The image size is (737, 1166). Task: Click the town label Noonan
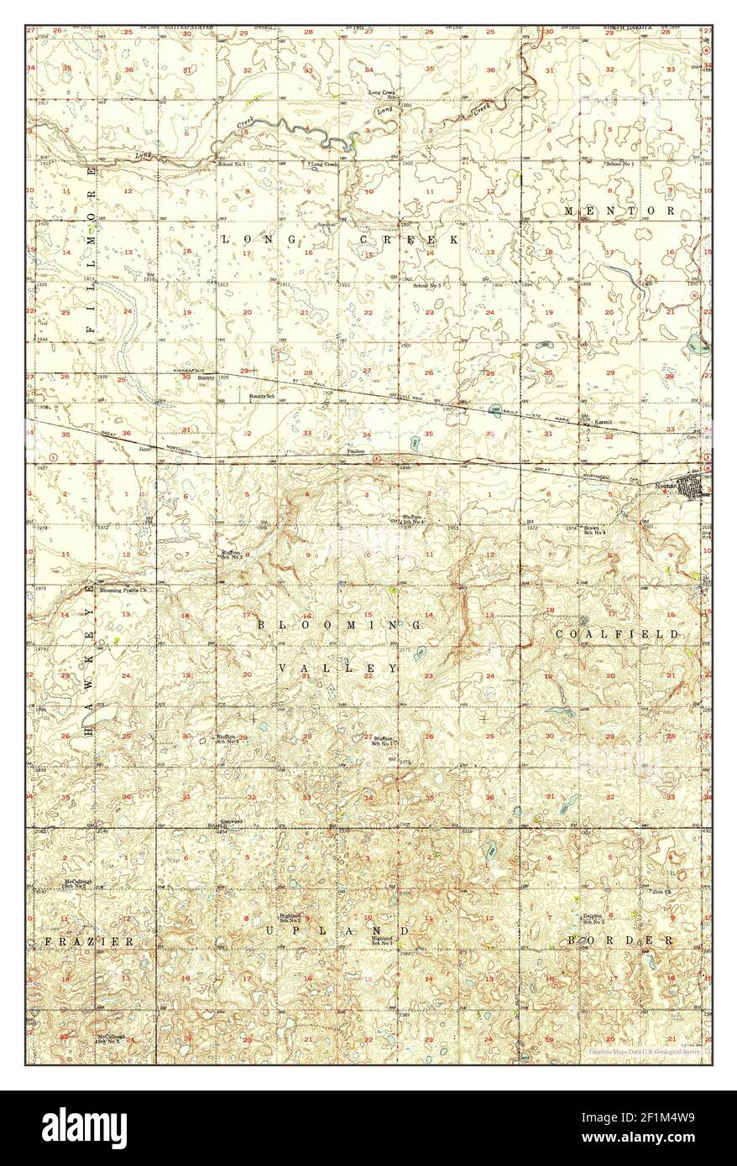[x=665, y=484]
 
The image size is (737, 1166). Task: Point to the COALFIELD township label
[x=617, y=635]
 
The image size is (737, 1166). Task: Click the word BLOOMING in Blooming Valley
[x=340, y=625]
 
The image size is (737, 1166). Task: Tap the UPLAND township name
[x=338, y=931]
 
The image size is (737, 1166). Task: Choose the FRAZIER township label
[x=89, y=942]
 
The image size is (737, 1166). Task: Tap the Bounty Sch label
[x=263, y=395]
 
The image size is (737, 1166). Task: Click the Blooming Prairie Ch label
[x=124, y=591]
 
